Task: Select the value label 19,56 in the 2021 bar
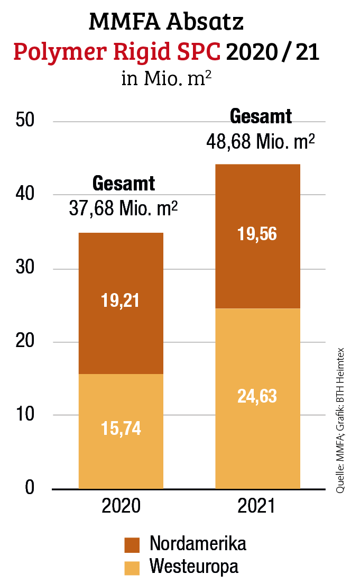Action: pos(257,233)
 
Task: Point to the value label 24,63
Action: pos(257,396)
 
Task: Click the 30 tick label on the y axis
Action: pos(25,269)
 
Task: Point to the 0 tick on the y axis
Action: pos(30,487)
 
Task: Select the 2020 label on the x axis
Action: pos(121,506)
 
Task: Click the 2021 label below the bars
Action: pos(257,506)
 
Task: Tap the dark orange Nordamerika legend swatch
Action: pos(132,544)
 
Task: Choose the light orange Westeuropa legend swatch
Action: pos(132,567)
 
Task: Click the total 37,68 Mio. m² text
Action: pos(123,208)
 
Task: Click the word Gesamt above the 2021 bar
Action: pos(261,116)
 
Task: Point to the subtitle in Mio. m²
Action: pos(167,79)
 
